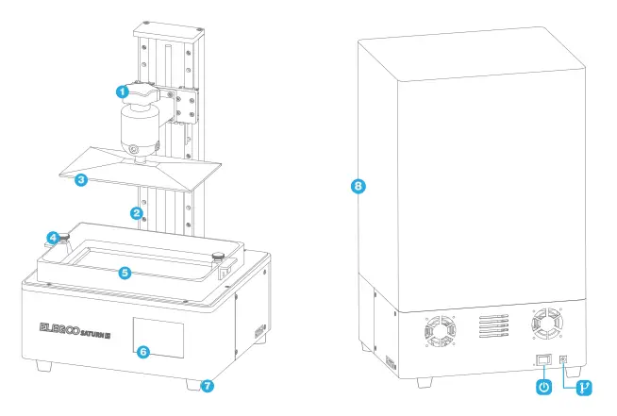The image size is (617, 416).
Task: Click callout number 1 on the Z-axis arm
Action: click(122, 92)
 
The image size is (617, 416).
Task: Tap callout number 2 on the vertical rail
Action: click(137, 213)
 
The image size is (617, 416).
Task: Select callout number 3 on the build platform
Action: click(82, 179)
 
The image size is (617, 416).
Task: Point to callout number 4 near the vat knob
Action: click(55, 238)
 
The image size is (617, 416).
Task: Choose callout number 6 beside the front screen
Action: click(142, 351)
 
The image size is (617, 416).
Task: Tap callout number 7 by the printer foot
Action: click(208, 385)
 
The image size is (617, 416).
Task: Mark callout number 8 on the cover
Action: click(358, 186)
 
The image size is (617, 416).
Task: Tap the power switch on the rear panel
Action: click(543, 359)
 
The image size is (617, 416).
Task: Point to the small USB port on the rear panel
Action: click(565, 359)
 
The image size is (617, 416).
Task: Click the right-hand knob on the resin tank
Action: click(218, 256)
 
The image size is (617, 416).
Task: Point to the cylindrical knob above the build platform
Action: click(142, 129)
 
